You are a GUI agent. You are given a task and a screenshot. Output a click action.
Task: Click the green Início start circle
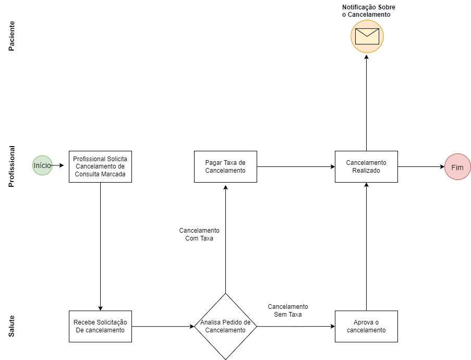[42, 165]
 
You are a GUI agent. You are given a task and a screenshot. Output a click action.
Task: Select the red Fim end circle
[457, 167]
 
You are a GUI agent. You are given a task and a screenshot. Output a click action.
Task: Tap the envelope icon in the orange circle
[367, 36]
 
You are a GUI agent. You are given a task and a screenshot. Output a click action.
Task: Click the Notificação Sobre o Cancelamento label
[368, 11]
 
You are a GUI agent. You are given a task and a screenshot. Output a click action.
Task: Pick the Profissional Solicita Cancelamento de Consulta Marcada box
[100, 166]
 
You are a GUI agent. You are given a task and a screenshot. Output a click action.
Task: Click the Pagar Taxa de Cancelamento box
[225, 166]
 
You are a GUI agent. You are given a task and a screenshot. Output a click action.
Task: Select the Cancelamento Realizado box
[366, 166]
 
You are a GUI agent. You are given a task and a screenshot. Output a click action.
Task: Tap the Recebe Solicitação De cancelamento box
[100, 326]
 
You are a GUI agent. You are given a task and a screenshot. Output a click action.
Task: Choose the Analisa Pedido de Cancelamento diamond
[225, 326]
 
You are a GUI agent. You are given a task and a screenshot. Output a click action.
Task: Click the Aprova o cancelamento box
[366, 326]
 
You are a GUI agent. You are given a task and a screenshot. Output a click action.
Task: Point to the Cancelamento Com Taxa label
[199, 234]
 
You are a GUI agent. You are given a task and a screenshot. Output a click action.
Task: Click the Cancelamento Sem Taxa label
[288, 310]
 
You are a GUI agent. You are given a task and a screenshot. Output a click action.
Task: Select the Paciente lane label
[12, 35]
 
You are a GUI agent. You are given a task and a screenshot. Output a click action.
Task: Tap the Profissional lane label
[12, 166]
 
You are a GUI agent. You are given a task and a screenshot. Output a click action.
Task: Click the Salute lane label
[12, 326]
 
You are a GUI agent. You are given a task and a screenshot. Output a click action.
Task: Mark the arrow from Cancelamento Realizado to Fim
[420, 167]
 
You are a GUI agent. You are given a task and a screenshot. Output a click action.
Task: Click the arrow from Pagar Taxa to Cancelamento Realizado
[295, 167]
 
